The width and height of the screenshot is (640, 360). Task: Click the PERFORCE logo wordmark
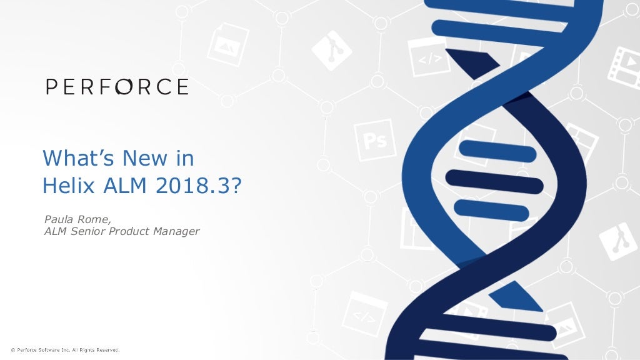117,86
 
